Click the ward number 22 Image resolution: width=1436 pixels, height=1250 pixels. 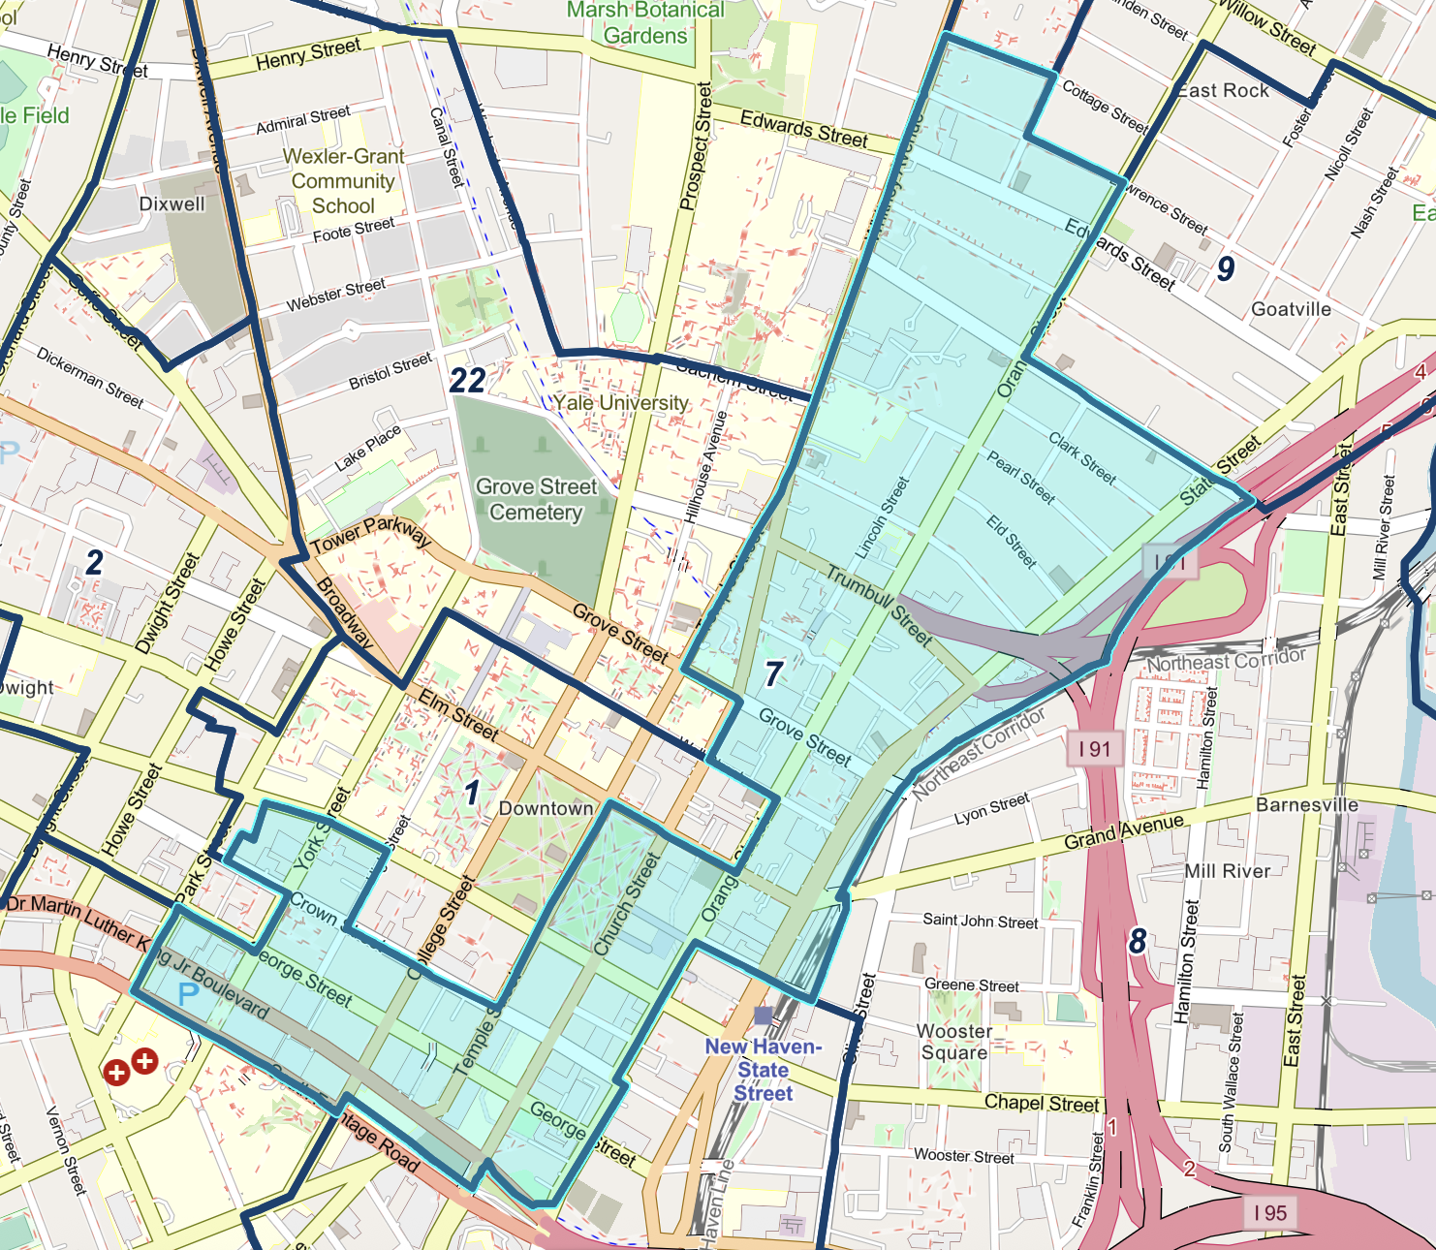coord(467,380)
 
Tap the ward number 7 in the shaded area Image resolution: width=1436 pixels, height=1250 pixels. coord(773,673)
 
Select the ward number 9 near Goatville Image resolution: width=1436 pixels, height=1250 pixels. coord(1226,268)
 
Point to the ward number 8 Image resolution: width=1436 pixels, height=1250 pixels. coord(1138,940)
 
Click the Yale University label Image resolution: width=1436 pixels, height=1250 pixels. coord(621,402)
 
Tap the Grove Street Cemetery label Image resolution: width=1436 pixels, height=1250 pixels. coord(536,499)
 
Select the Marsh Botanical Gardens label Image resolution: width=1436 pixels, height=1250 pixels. coord(645,23)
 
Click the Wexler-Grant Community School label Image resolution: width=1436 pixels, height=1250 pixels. coord(343,181)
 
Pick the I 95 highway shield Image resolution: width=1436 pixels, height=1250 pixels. coord(1269,1212)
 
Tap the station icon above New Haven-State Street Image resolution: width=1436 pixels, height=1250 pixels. coord(763,1015)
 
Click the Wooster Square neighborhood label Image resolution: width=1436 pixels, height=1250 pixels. coord(953,1042)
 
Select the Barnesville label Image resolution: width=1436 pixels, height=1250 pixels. coord(1306,804)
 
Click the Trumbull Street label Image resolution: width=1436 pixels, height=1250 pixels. coord(879,607)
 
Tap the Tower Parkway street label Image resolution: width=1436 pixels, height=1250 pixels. coord(371,534)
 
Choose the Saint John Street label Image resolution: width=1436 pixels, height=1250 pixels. coord(980,921)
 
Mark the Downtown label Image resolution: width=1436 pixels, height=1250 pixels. coord(546,808)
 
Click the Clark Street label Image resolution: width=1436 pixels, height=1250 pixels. coord(1082,457)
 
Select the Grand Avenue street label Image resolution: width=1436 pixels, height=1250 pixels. coord(1123,831)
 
